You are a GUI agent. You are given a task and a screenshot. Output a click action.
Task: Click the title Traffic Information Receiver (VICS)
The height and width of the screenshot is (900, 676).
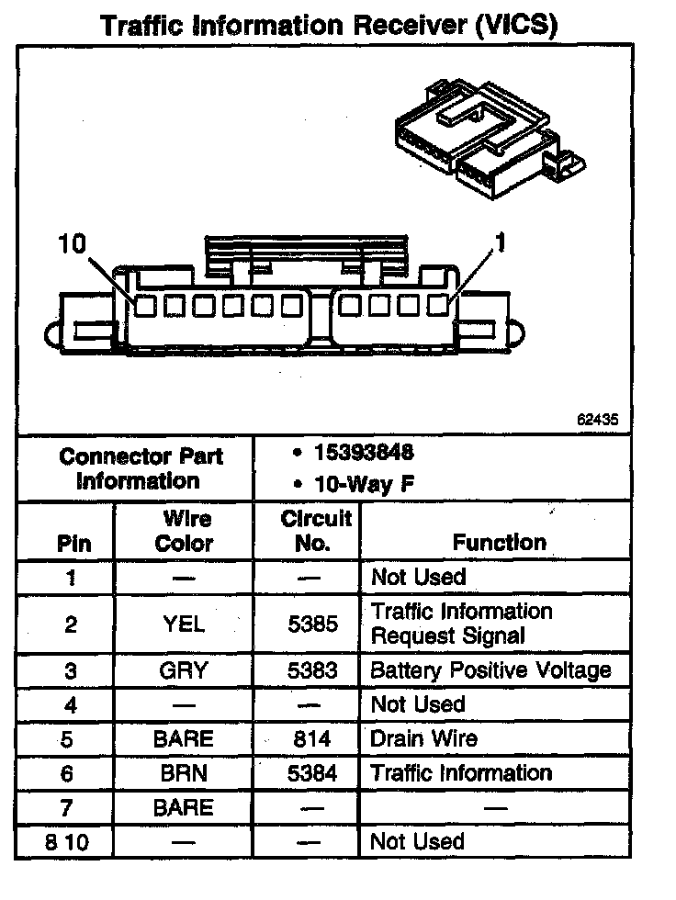point(328,25)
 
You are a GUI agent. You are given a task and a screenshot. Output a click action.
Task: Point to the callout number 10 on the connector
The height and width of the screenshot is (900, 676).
point(71,243)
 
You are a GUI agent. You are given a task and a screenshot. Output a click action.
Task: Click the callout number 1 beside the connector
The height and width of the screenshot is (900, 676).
point(501,243)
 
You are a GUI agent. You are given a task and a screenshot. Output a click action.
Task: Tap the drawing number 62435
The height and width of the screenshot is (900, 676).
point(598,419)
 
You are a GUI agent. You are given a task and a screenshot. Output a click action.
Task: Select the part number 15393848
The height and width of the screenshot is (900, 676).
point(363,452)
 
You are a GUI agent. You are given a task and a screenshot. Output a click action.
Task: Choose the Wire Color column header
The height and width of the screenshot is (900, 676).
point(184,531)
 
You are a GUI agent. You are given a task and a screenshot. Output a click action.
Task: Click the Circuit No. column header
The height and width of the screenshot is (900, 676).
point(315,531)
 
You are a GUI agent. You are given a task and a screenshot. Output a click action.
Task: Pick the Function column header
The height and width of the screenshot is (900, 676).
point(499,543)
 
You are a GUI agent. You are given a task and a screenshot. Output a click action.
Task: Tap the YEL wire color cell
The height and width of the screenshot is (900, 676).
point(184,624)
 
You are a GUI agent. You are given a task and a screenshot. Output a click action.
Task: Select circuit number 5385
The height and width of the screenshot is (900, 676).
point(312,624)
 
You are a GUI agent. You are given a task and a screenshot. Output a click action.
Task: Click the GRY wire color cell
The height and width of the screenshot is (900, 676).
point(184,670)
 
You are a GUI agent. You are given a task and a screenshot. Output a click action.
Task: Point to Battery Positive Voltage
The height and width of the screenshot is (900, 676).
point(490,670)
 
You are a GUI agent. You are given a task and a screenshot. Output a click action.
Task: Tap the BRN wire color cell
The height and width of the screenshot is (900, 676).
point(184,773)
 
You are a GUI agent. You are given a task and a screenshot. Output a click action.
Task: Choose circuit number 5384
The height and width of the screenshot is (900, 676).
point(312,773)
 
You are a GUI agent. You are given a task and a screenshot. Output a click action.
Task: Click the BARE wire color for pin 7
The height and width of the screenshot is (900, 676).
point(184,808)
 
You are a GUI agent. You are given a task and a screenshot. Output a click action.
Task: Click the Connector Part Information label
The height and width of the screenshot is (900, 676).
point(141,468)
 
